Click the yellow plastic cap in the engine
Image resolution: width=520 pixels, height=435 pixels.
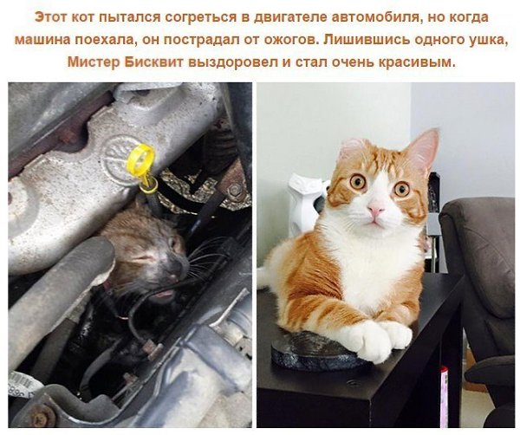pyautogui.click(x=141, y=159)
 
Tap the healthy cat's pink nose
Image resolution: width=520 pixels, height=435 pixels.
pyautogui.click(x=376, y=209)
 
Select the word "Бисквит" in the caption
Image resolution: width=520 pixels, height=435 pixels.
pyautogui.click(x=154, y=62)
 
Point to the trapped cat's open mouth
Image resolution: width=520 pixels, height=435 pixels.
pyautogui.click(x=164, y=294)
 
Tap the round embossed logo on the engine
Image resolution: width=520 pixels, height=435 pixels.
pyautogui.click(x=120, y=159)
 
